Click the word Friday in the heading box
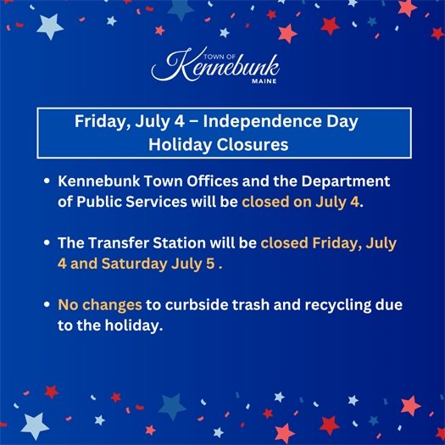click(101, 122)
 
